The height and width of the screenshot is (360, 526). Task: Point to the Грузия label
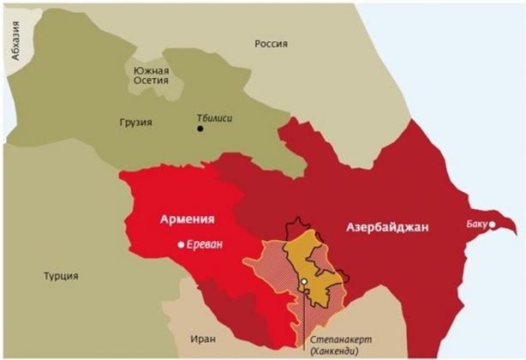pos(135,122)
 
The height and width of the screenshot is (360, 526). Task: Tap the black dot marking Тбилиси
pos(200,129)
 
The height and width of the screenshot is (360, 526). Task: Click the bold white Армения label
pos(187,219)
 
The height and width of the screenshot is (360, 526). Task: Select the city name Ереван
pos(204,244)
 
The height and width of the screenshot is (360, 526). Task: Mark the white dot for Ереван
pos(180,244)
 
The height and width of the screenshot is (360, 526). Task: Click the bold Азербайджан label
pos(386,227)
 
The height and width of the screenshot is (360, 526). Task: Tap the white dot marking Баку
pos(492,225)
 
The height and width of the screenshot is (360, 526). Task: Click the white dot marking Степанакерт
pos(304,280)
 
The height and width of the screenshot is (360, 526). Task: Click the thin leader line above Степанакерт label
pos(304,313)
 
